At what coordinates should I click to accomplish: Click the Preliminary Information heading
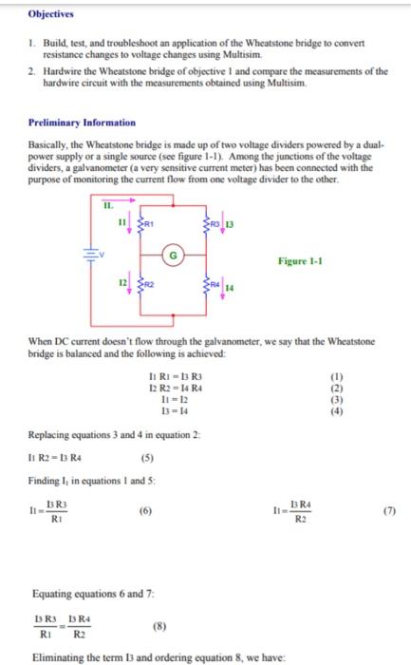[81, 123]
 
